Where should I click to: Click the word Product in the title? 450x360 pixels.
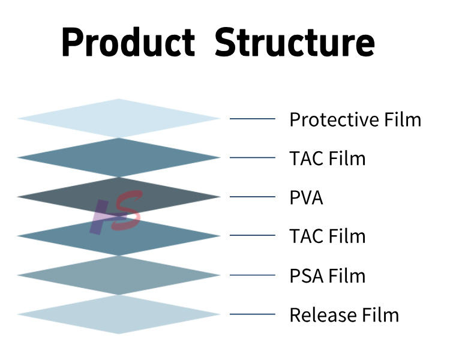[x=128, y=43]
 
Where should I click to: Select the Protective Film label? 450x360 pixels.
[x=355, y=119]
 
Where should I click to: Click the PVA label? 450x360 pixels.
[x=306, y=198]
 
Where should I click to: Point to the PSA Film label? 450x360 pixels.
[x=327, y=276]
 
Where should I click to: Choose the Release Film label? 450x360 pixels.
[x=344, y=315]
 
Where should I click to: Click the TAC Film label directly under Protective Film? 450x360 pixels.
[x=327, y=159]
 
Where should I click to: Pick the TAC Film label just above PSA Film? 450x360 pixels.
[x=327, y=236]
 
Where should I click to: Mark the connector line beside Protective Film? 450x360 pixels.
[x=252, y=119]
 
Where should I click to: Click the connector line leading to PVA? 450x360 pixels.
[x=252, y=197]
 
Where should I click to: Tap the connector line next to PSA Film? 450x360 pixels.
[x=252, y=275]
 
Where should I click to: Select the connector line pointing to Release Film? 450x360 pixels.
[x=252, y=314]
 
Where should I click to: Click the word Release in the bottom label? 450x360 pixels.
[x=318, y=315]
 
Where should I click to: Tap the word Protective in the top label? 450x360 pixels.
[x=332, y=119]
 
